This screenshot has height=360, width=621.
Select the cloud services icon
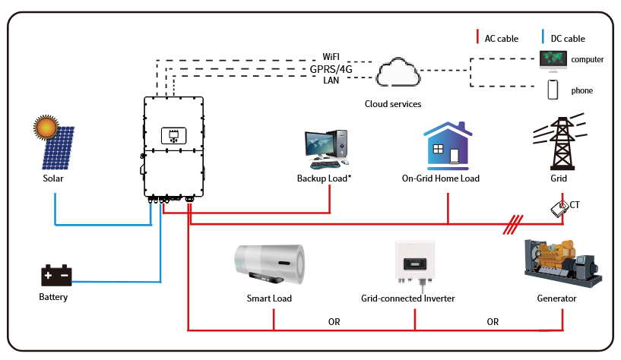398,74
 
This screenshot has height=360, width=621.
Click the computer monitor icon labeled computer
552,59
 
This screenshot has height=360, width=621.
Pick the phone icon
553,90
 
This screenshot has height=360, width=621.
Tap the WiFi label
331,57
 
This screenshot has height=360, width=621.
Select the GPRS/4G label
331,69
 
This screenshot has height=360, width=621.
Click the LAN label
331,80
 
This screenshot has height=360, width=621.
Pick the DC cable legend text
568,38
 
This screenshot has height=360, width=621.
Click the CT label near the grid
575,204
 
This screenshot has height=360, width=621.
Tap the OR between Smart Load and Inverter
334,322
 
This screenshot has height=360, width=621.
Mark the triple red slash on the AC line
515,223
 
